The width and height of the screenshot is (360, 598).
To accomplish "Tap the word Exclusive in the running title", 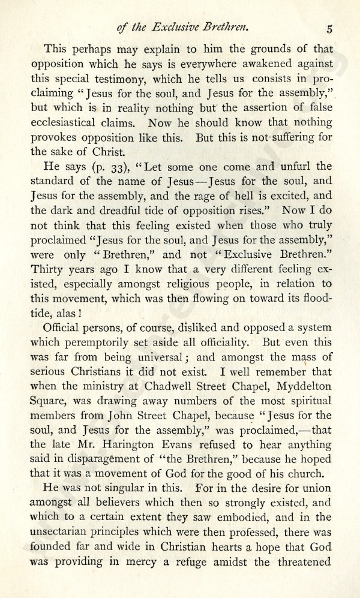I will click(x=203, y=26).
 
